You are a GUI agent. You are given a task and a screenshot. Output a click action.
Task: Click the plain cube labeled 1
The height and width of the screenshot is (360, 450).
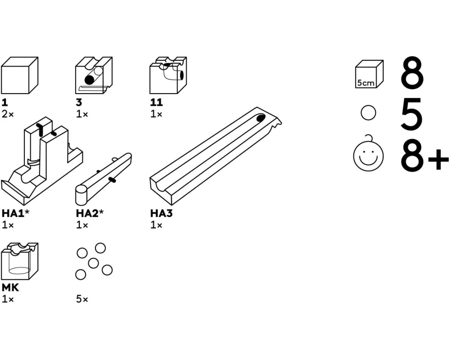pyautogui.click(x=19, y=75)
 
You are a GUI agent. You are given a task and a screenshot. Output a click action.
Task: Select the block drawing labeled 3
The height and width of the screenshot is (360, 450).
pyautogui.click(x=94, y=75)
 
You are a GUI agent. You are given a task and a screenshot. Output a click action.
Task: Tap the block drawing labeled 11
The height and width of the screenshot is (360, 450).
pyautogui.click(x=168, y=75)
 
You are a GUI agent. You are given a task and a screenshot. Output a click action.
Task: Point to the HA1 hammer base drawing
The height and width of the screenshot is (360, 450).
pyautogui.click(x=42, y=157)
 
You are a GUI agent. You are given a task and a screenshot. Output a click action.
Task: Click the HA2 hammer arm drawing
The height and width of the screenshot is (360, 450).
pyautogui.click(x=103, y=178)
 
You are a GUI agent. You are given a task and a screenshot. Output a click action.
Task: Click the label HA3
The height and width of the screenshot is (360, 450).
pyautogui.click(x=161, y=213)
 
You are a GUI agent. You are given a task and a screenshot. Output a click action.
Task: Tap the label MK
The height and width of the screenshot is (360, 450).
pyautogui.click(x=10, y=288)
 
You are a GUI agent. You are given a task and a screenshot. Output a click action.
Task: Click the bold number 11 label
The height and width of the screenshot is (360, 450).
pyautogui.click(x=157, y=102)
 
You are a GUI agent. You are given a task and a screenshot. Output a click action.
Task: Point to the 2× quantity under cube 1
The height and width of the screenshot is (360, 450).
pyautogui.click(x=8, y=114)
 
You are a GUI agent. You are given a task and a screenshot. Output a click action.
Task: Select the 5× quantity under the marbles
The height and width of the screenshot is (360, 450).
pyautogui.click(x=82, y=299)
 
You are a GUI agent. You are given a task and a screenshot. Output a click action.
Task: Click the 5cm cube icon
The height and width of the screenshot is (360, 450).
pyautogui.click(x=369, y=74)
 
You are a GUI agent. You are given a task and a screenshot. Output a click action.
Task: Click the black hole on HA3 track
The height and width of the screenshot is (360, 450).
pyautogui.click(x=261, y=118)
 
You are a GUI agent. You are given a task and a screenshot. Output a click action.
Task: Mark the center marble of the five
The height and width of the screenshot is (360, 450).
pyautogui.click(x=93, y=263)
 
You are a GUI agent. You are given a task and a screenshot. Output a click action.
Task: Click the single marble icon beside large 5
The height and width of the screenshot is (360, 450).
pyautogui.click(x=368, y=112)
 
